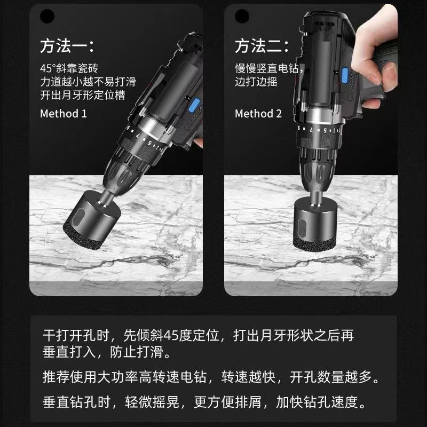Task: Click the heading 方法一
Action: coord(67,46)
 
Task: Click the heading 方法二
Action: coord(262,46)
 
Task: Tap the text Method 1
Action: coord(63,113)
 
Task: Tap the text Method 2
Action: coord(258,113)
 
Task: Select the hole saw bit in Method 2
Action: coord(315,222)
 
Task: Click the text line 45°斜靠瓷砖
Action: coord(69,69)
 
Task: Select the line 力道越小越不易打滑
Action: coord(88,82)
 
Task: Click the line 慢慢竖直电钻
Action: coord(270,69)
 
